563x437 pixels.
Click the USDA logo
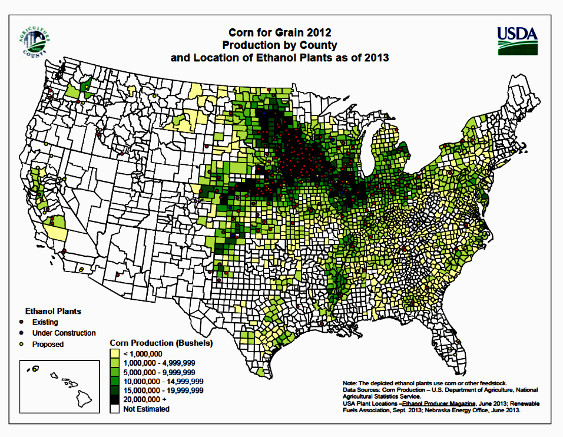coord(518,40)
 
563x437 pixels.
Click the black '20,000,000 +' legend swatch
coord(115,399)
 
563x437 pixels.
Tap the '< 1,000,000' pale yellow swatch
coord(115,353)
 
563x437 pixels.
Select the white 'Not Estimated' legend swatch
coord(115,408)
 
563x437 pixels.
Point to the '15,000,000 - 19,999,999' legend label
coord(164,390)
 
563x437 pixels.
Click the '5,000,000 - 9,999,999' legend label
coord(160,372)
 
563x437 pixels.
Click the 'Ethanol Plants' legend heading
coord(53,310)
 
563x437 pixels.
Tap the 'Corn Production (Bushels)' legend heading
coord(161,342)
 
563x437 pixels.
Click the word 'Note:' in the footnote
coord(350,383)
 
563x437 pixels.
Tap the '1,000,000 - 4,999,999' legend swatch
coord(115,363)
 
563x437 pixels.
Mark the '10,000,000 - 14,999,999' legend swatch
coord(115,381)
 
